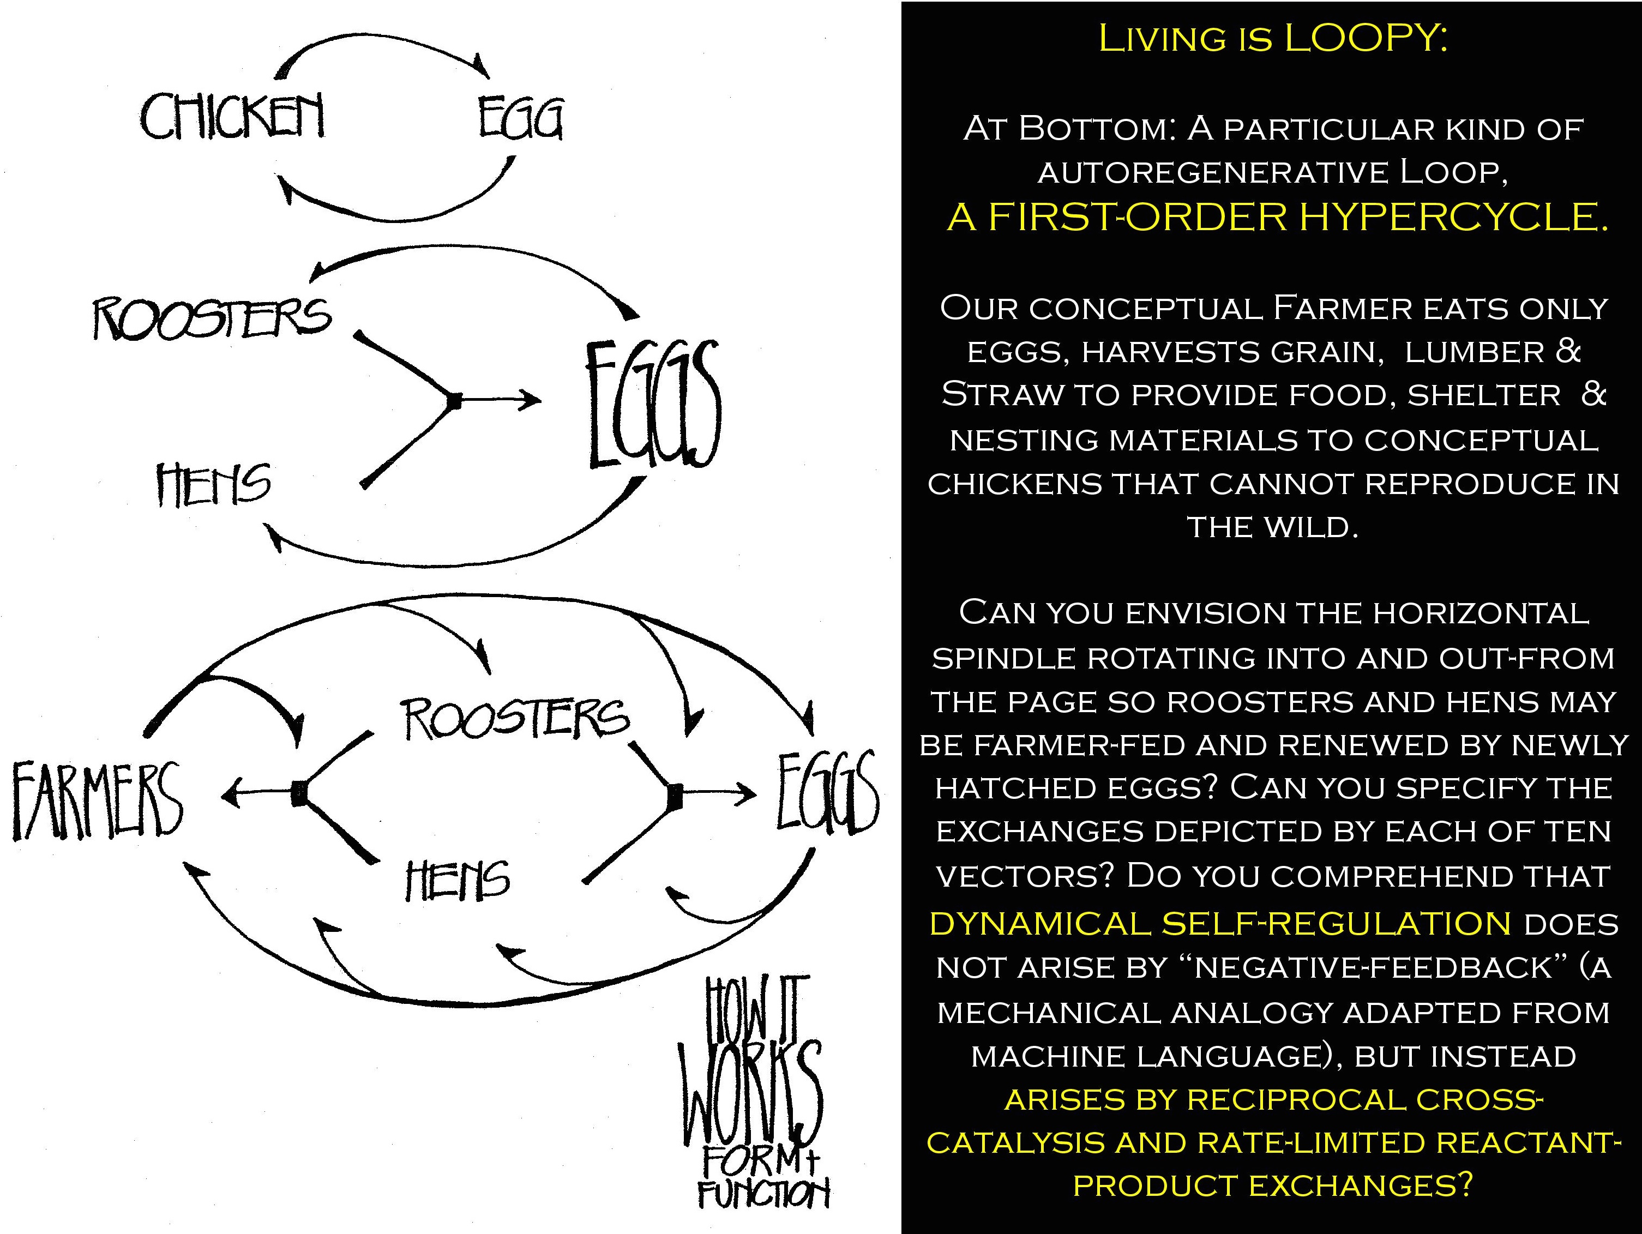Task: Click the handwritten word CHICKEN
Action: pyautogui.click(x=232, y=117)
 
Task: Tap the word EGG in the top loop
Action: pyautogui.click(x=520, y=119)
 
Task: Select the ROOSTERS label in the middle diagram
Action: pyautogui.click(x=212, y=318)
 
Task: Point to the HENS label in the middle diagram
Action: pyautogui.click(x=214, y=484)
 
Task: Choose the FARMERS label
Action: pyautogui.click(x=97, y=800)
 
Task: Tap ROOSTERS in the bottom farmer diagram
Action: pyautogui.click(x=515, y=719)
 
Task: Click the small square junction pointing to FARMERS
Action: pyautogui.click(x=299, y=794)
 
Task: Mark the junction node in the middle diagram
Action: pyautogui.click(x=455, y=401)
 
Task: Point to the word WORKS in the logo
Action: pyautogui.click(x=751, y=1092)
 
